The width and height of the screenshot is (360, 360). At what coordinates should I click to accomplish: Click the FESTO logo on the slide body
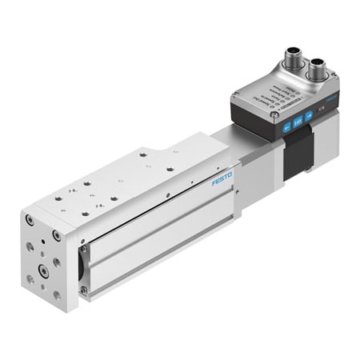[x=222, y=178]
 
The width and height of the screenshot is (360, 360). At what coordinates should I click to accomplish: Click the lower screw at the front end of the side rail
[x=83, y=290]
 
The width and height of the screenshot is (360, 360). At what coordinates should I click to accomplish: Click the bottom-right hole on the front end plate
[x=57, y=295]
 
